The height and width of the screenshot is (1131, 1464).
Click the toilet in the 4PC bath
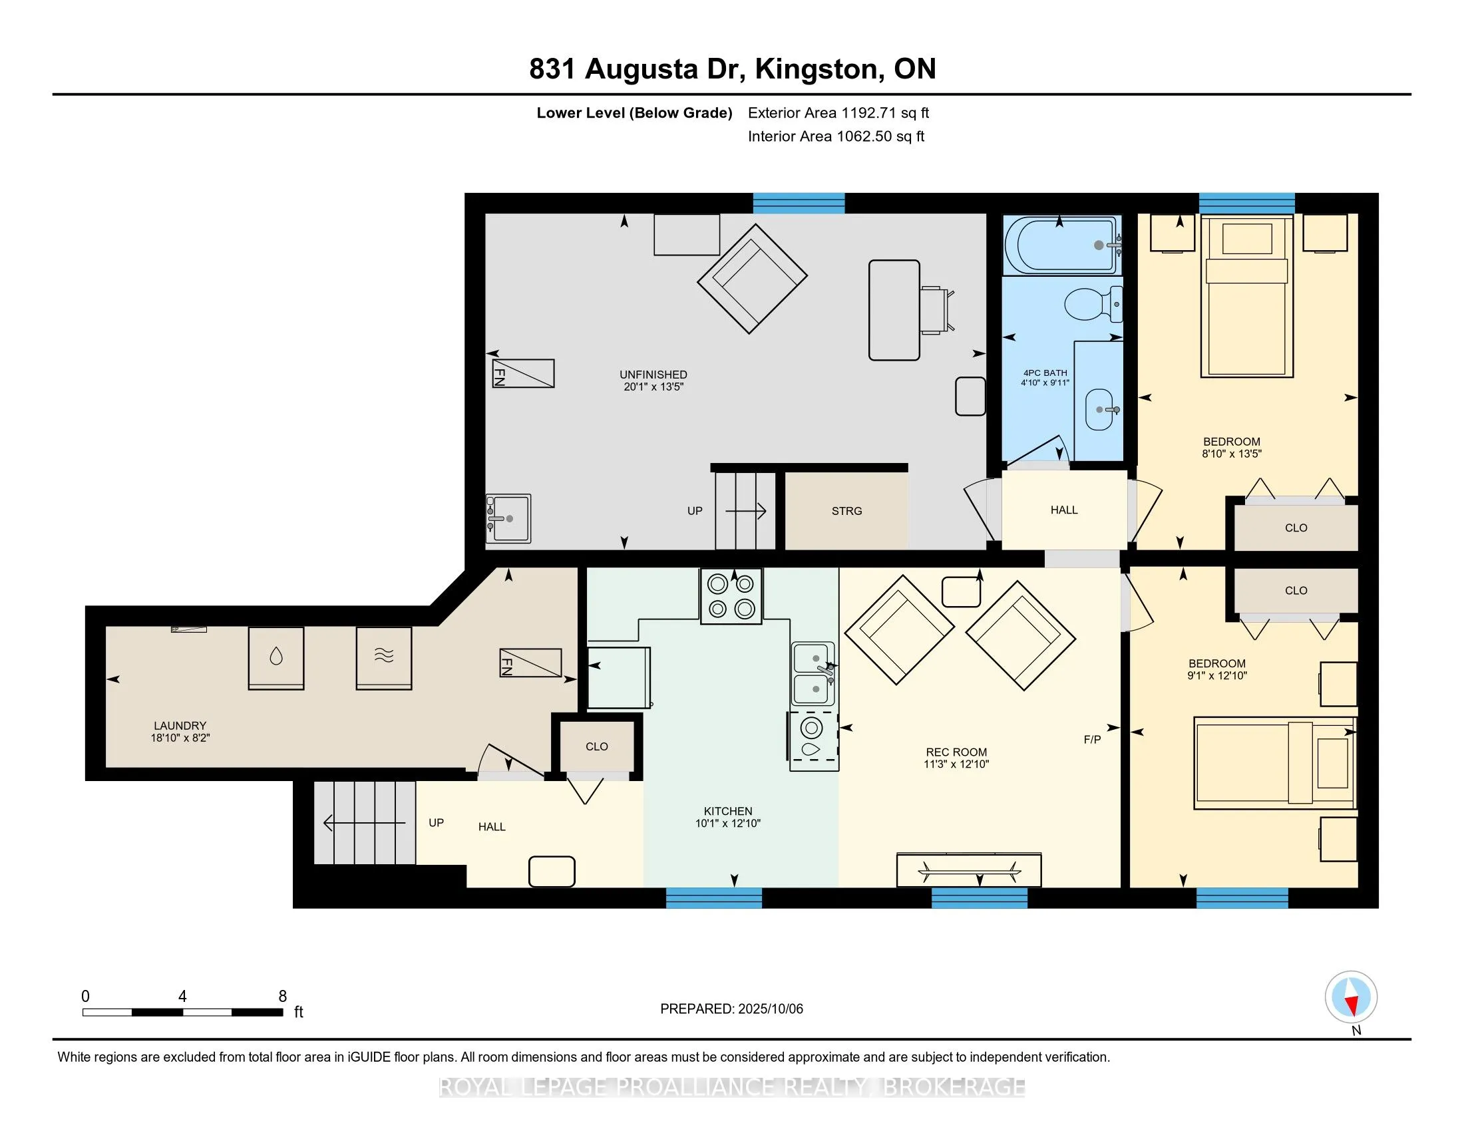(1093, 303)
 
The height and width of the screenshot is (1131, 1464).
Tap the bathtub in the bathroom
(1062, 245)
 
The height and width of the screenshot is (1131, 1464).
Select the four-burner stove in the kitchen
(731, 596)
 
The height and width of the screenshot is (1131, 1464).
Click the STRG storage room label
(846, 511)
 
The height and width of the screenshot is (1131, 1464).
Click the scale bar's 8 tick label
(283, 997)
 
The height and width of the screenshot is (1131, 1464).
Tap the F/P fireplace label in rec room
(1092, 740)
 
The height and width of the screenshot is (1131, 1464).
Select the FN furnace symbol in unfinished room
(524, 374)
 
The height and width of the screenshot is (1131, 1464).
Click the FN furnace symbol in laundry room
(530, 663)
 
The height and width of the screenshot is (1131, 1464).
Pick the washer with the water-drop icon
(276, 658)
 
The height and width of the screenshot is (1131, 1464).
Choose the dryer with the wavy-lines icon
(383, 658)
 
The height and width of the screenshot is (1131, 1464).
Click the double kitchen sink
(813, 674)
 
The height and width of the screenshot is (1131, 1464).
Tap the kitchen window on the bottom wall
(714, 898)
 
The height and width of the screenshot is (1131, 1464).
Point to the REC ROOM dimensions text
(956, 764)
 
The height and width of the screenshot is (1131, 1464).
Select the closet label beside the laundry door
(597, 746)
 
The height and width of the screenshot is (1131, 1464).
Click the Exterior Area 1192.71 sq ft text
(838, 113)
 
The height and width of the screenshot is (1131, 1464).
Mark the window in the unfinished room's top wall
(799, 203)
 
